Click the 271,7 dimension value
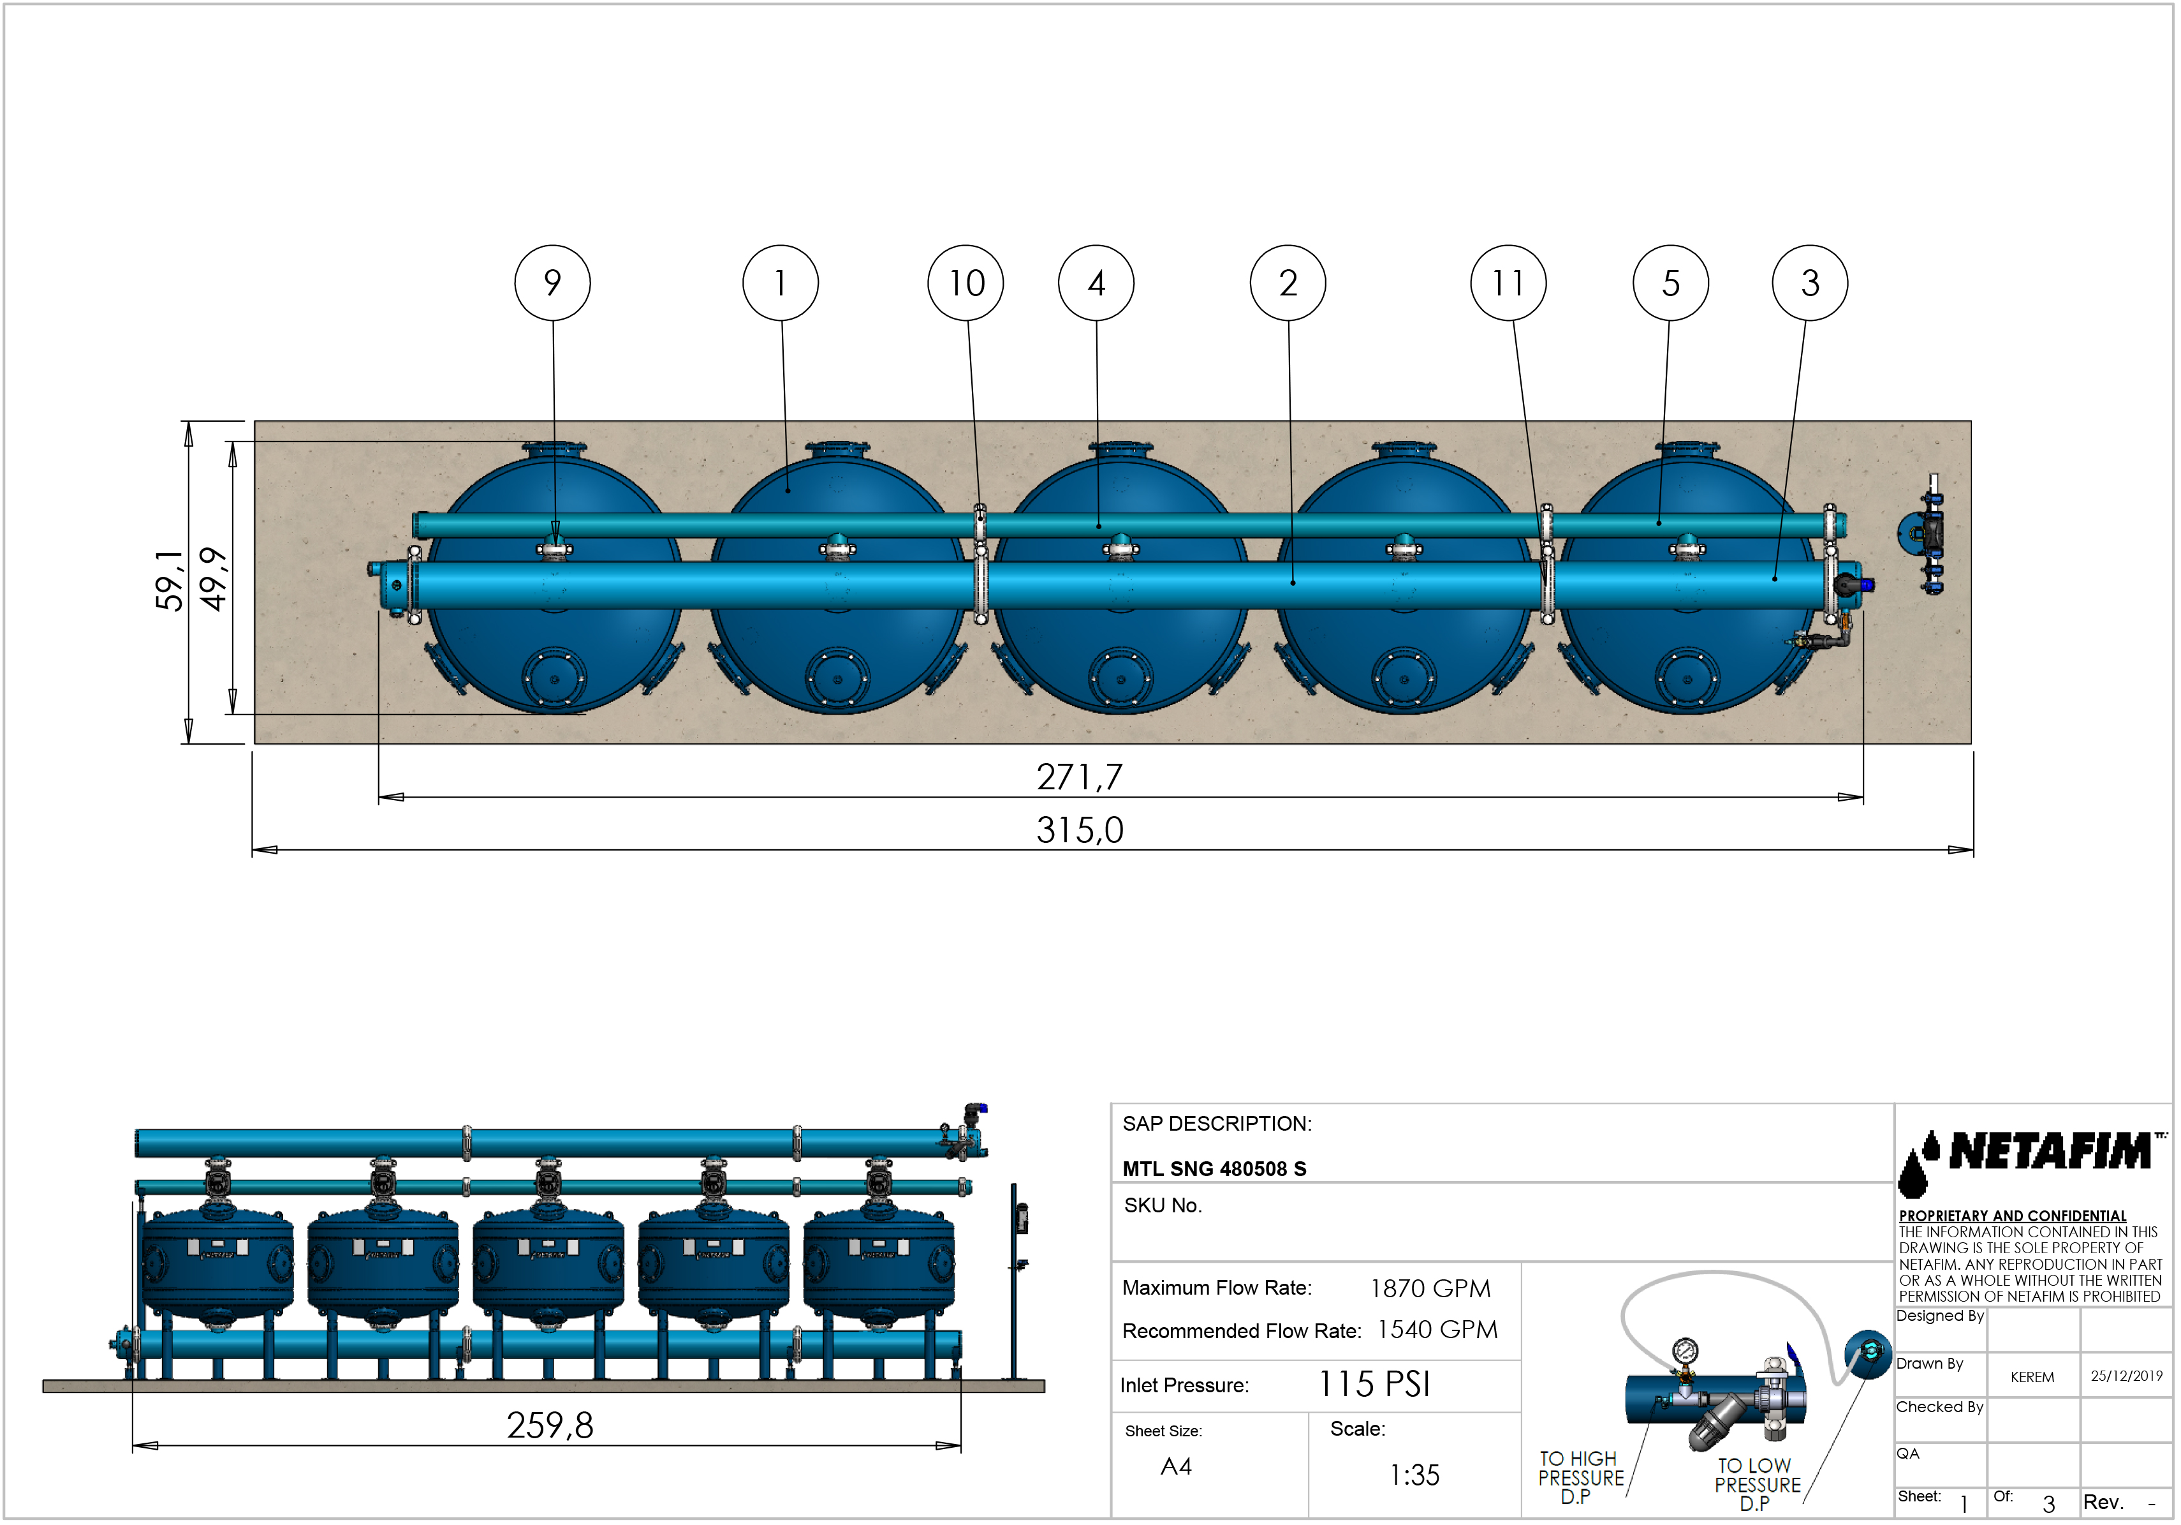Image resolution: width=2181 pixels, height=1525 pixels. pos(1078,777)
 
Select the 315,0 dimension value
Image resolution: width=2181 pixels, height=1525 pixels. pos(1079,829)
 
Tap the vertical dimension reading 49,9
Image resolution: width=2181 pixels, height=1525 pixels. pos(214,579)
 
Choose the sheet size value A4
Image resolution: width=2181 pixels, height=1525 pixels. pos(1175,1466)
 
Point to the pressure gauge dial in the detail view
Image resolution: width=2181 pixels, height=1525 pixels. pos(1684,1350)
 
